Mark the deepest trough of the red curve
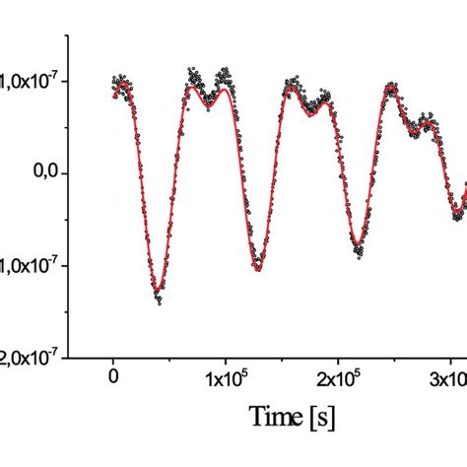(x=159, y=289)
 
